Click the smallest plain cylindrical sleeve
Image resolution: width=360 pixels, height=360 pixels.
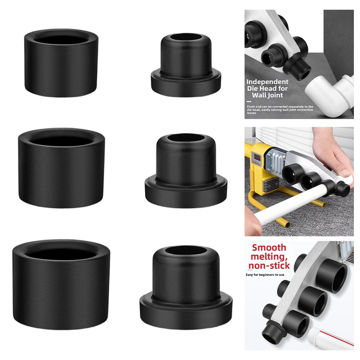pos(61,63)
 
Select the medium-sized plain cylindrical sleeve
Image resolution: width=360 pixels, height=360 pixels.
pos(61,168)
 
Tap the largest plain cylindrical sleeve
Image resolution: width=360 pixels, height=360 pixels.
pos(61,285)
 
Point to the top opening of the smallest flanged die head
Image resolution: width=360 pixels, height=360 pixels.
pos(186,37)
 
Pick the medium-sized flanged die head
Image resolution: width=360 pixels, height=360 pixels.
pos(186,170)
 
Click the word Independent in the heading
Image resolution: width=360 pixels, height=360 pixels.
pos(267,82)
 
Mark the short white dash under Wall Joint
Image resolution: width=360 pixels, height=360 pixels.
pos(249,101)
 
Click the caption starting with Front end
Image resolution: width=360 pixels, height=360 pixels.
pos(280,110)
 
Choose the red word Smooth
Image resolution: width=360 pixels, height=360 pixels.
pos(269,248)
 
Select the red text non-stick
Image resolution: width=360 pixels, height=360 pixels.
pos(269,265)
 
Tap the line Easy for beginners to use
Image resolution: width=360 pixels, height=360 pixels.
pos(265,275)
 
